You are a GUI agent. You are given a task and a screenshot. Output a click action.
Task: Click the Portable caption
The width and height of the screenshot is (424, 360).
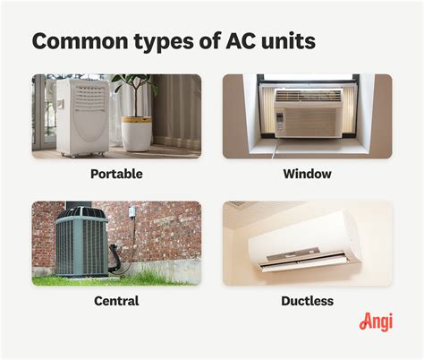[116, 174]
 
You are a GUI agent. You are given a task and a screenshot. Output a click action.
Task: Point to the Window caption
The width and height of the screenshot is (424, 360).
[307, 174]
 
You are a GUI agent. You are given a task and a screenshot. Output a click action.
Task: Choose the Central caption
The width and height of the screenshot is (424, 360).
[116, 301]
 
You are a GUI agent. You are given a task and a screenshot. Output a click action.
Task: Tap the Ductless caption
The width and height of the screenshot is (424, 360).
[307, 301]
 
